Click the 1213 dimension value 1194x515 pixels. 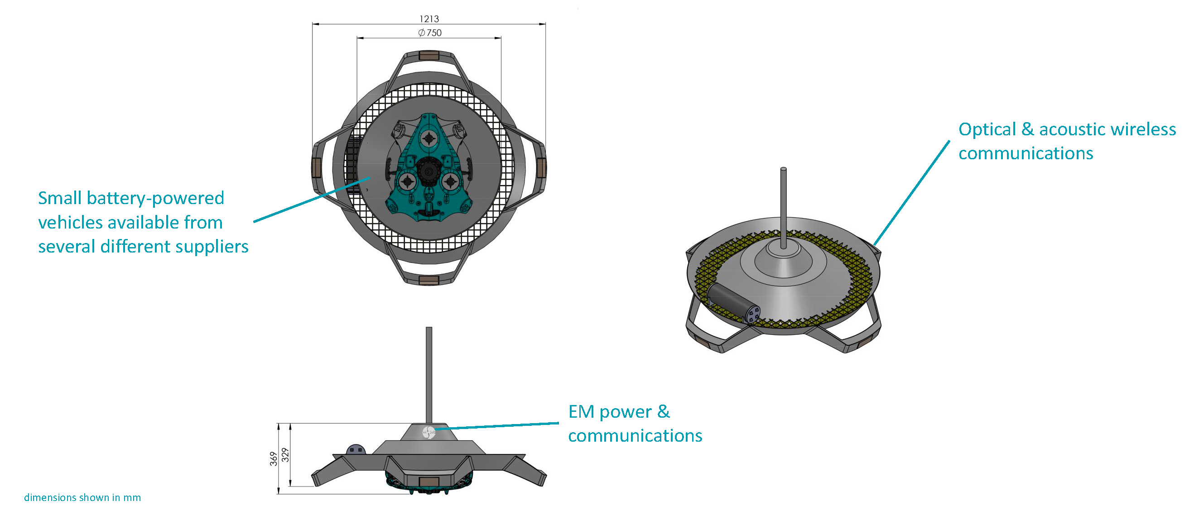coord(429,19)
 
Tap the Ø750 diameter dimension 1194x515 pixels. coord(430,33)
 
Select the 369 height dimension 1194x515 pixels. coord(274,458)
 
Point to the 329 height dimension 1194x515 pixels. coord(285,455)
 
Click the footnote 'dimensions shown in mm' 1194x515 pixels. coord(82,497)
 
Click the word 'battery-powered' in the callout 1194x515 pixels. coord(155,198)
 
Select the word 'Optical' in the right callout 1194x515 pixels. coord(987,129)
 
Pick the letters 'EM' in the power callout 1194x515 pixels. coord(581,411)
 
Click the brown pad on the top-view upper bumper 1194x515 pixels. coord(429,56)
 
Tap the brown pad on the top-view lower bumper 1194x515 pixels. coord(429,280)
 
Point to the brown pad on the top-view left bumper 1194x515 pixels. coord(317,166)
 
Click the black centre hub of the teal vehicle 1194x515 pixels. coord(428,172)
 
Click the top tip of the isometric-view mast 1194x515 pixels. coord(783,170)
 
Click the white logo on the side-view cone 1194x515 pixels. coord(429,432)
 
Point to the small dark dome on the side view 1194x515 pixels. coord(356,450)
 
